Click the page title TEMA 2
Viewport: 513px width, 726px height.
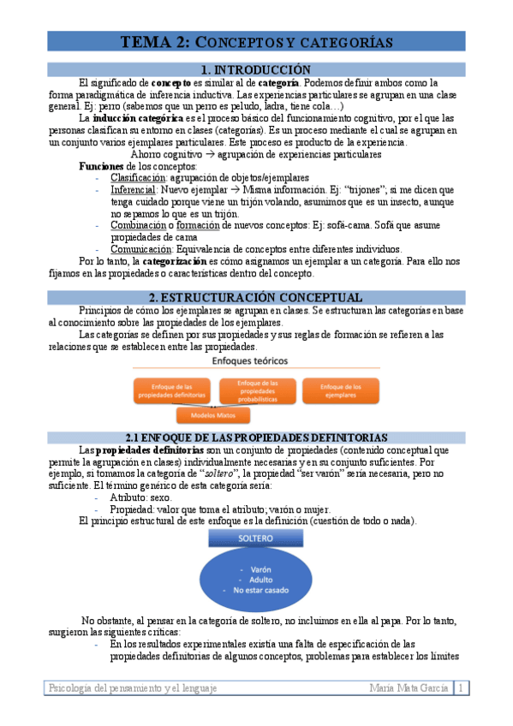pyautogui.click(x=255, y=42)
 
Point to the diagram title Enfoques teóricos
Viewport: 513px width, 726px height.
pyautogui.click(x=256, y=361)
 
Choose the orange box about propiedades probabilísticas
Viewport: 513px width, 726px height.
pyautogui.click(x=257, y=390)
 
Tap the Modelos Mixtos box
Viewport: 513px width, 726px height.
pyautogui.click(x=214, y=415)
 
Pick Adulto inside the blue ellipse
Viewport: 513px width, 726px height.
pyautogui.click(x=256, y=579)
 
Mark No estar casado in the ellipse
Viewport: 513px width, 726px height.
pyautogui.click(x=256, y=590)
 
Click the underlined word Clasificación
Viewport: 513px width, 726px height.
pyautogui.click(x=132, y=177)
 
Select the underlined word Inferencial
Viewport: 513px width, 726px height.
pyautogui.click(x=132, y=189)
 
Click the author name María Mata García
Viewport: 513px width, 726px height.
pyautogui.click(x=409, y=688)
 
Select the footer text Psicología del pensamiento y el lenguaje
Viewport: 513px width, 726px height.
pyautogui.click(x=133, y=688)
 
